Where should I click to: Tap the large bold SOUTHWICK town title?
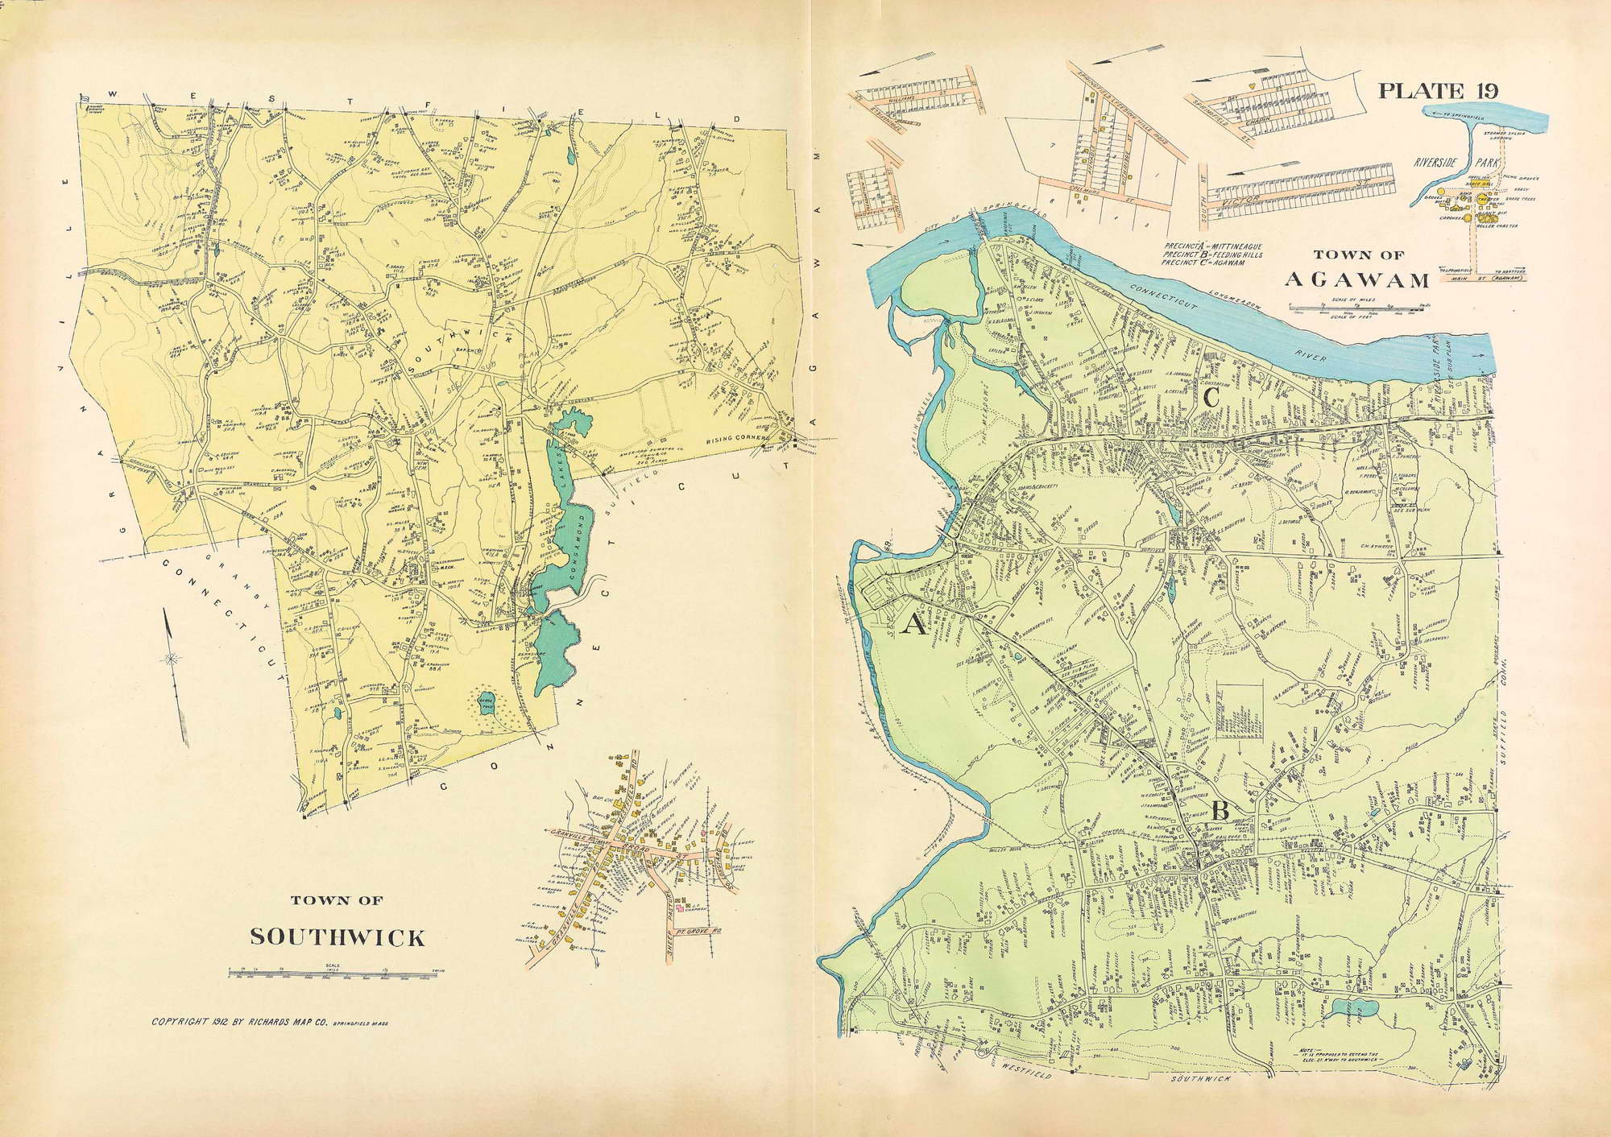pyautogui.click(x=337, y=937)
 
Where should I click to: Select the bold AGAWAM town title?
pyautogui.click(x=1356, y=279)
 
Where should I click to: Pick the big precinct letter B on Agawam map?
pyautogui.click(x=1220, y=812)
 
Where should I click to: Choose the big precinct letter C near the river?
pyautogui.click(x=1211, y=398)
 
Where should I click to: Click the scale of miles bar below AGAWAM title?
pyautogui.click(x=1356, y=307)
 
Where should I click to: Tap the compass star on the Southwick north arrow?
pyautogui.click(x=171, y=659)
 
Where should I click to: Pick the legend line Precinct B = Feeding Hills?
pyautogui.click(x=1212, y=254)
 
